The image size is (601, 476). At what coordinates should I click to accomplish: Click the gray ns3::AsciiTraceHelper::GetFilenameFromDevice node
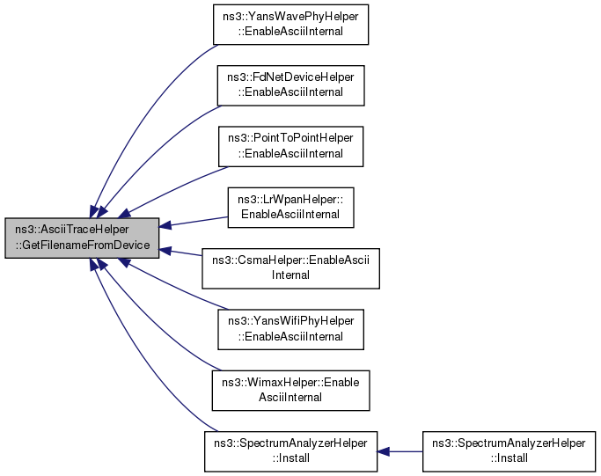[82, 238]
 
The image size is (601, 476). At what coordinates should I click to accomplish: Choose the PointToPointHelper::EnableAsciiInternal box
[291, 145]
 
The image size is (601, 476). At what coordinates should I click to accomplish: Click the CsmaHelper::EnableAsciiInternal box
[291, 267]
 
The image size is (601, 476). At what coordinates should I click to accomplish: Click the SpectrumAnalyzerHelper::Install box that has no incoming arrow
[503, 452]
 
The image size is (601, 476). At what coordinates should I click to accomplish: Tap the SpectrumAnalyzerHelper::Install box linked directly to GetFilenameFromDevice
[291, 452]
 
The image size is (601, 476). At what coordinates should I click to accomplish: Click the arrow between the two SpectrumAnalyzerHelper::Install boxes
[400, 452]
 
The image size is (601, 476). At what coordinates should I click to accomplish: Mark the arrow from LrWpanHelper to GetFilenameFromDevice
[194, 223]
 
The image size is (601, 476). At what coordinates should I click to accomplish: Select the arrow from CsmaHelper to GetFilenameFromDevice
[182, 253]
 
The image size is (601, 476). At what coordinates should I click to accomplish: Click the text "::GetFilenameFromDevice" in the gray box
[82, 245]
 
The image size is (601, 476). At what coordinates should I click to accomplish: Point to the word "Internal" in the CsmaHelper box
[291, 275]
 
